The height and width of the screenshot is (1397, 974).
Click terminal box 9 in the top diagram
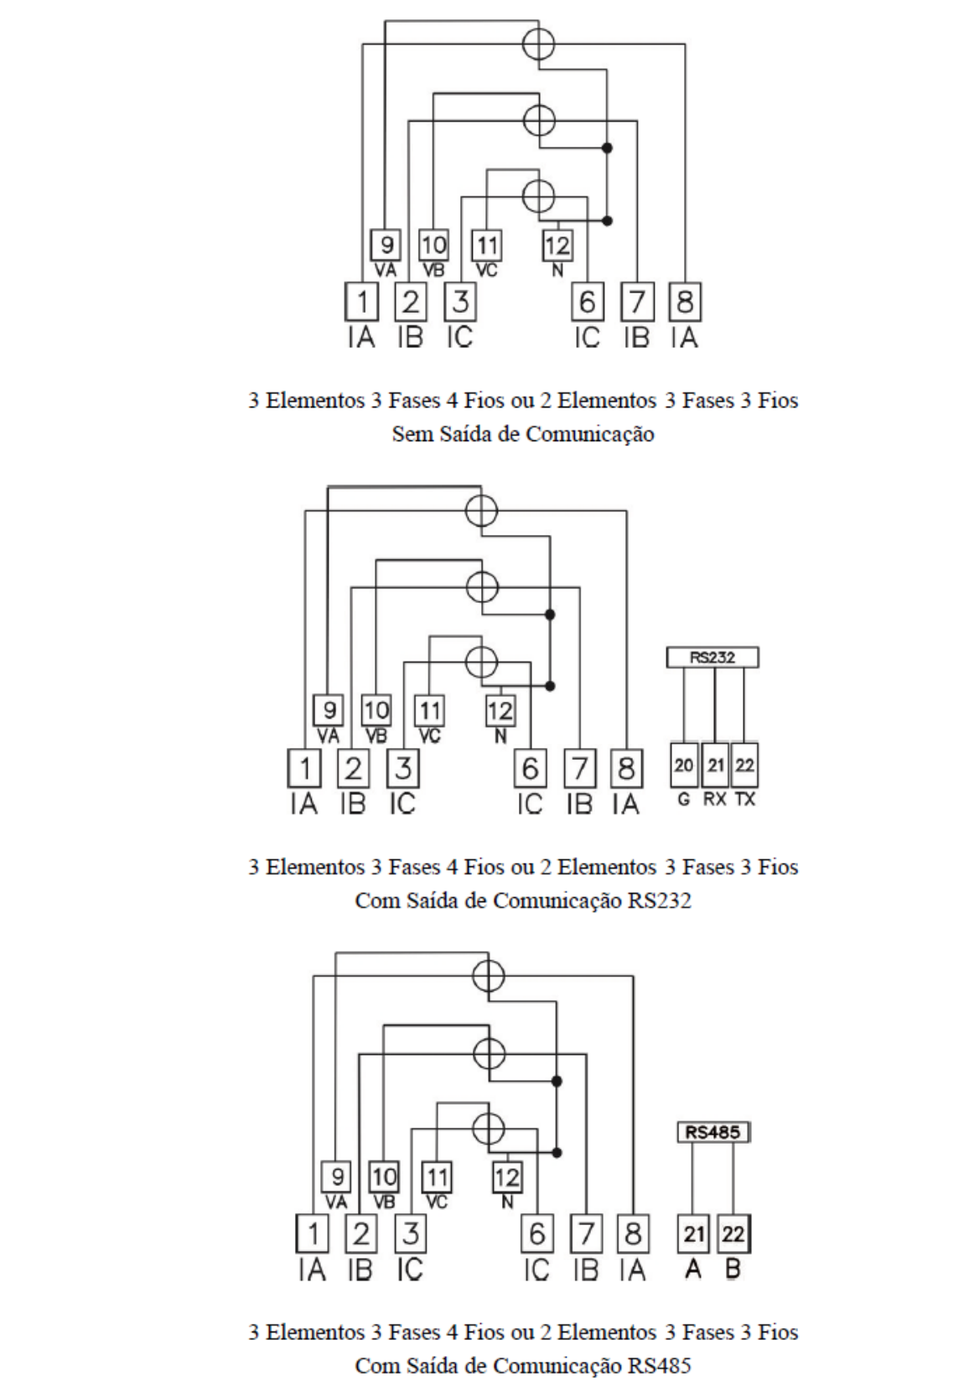point(386,245)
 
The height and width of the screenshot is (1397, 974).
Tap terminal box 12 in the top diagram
point(557,245)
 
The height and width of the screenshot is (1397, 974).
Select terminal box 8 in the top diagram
point(685,303)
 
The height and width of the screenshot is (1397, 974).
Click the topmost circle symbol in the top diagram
point(538,43)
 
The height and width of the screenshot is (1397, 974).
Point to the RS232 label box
point(712,657)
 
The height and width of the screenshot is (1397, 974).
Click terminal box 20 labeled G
point(684,765)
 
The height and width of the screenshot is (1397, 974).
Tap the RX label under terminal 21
point(715,799)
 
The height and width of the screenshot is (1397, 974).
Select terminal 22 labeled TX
point(744,765)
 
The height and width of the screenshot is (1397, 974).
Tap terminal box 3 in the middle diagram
point(403,768)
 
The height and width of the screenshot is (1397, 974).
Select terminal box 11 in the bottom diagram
point(437,1177)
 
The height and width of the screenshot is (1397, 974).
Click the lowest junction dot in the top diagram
point(608,221)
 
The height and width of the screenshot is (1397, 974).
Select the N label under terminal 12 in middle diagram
point(500,736)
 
